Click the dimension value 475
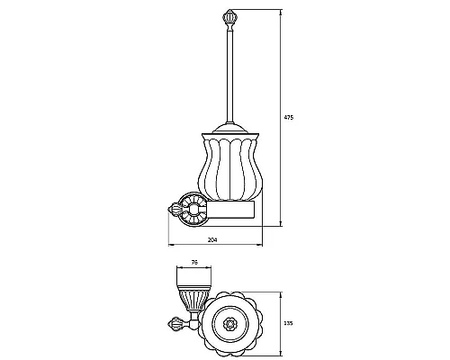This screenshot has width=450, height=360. (x=289, y=117)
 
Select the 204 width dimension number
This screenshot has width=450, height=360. (x=212, y=239)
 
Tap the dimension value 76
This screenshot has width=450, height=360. (x=194, y=263)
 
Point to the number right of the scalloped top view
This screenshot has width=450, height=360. (x=289, y=323)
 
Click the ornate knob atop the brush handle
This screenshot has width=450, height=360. (x=229, y=19)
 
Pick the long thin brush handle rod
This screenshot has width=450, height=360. (x=229, y=76)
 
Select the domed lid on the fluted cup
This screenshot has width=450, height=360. (x=229, y=128)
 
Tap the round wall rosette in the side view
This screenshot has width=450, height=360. (x=193, y=210)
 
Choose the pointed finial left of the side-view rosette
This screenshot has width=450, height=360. (x=174, y=209)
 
